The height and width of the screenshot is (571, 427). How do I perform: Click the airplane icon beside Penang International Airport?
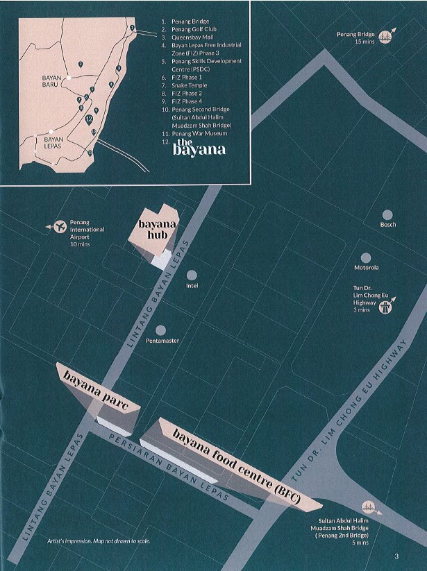pos(58,225)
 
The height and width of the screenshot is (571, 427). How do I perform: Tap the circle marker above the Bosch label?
pos(387,215)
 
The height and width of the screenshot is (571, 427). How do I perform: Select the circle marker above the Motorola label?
pos(366,257)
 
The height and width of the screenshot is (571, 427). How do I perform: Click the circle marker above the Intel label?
pos(192,275)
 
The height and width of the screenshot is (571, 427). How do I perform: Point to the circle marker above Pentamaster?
pos(160,331)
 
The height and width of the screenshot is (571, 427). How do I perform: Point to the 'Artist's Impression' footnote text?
pos(98,540)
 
